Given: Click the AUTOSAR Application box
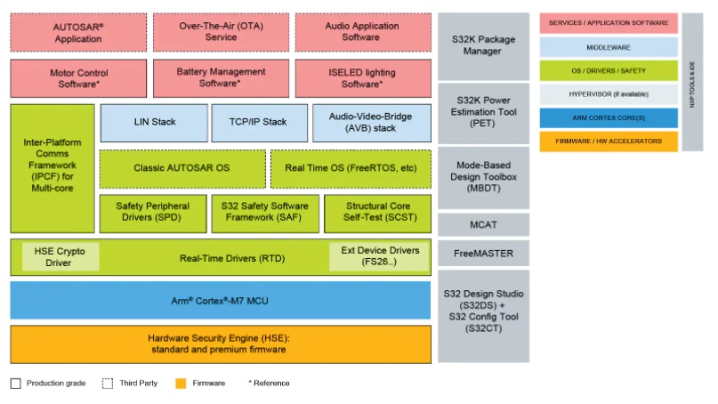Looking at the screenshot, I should (x=78, y=32).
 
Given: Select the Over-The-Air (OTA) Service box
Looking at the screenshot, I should (x=221, y=32).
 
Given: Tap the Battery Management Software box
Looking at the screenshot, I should (x=221, y=77).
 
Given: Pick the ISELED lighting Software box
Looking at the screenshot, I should (x=361, y=77).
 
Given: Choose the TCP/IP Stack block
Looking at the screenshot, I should (x=259, y=123).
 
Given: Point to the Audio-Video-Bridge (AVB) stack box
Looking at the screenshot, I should (x=371, y=123).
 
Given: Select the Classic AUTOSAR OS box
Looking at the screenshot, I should (x=182, y=168).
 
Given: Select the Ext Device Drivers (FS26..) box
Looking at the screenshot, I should (x=379, y=257).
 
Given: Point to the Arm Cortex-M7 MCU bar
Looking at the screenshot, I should (x=221, y=300).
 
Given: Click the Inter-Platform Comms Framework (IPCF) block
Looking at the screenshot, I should (x=52, y=169).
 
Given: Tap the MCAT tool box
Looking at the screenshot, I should (x=483, y=224).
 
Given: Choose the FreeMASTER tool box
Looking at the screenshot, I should (x=483, y=254).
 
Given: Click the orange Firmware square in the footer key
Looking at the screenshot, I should (x=181, y=384).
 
